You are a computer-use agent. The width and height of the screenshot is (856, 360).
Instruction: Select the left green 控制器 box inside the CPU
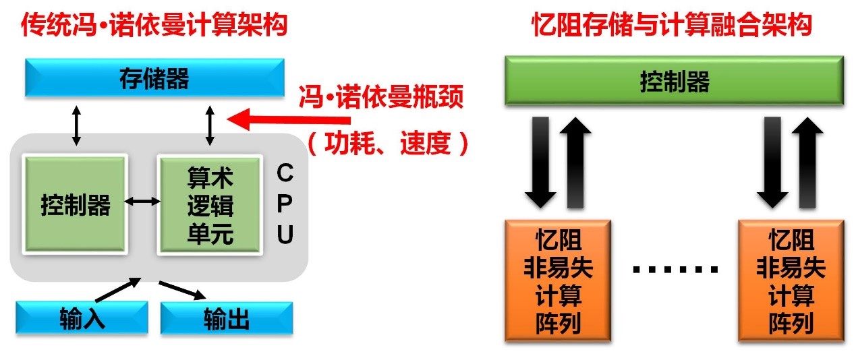point(75,204)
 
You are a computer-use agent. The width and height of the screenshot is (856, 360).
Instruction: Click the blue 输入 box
point(82,318)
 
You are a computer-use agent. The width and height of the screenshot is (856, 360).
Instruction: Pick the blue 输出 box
point(227,319)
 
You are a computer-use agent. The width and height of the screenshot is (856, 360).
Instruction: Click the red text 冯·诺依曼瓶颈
point(381,98)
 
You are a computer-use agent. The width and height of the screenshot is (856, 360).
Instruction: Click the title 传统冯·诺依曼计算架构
point(154,26)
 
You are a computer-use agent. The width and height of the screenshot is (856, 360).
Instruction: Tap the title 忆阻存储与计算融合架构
point(671,26)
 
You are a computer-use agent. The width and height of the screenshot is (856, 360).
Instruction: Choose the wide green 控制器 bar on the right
point(674,82)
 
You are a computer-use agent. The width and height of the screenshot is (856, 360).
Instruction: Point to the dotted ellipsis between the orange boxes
point(675,270)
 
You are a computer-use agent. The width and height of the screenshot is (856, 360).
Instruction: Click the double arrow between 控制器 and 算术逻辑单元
point(142,201)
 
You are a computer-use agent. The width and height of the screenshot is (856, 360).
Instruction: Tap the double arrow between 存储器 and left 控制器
point(76,125)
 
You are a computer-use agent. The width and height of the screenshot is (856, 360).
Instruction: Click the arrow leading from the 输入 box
point(117,291)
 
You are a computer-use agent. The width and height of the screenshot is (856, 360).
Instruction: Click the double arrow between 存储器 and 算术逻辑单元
point(210,125)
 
